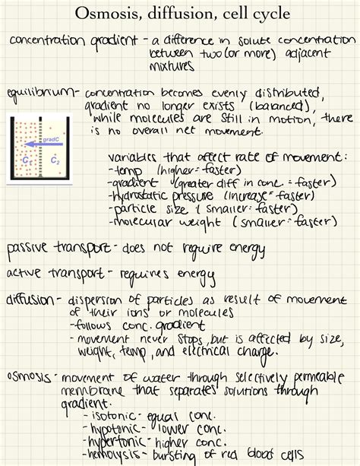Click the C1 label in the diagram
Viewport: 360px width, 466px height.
27,160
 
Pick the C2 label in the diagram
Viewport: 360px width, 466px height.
53,161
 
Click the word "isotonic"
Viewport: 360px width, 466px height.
115,416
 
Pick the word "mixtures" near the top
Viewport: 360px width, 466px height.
172,66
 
